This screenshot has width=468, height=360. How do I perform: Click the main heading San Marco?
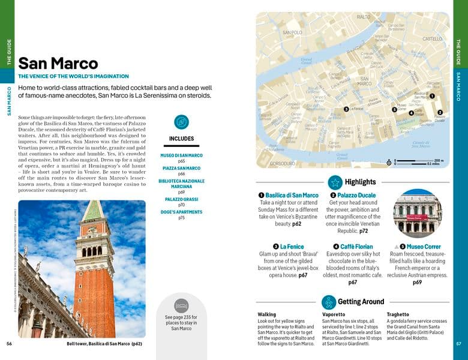point(58,64)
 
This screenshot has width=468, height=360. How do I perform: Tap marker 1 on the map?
point(432,96)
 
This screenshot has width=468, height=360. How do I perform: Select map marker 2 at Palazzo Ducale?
point(440,112)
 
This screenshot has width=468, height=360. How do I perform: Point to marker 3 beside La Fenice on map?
point(346,109)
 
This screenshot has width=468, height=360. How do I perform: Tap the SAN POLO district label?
point(292,32)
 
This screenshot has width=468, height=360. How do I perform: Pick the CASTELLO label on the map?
point(432,38)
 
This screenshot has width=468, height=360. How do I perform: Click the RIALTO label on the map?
point(364,17)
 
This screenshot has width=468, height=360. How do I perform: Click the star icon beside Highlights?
point(335,182)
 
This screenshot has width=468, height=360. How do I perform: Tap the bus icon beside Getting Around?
point(328,302)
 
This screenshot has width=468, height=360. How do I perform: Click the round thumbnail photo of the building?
point(417,213)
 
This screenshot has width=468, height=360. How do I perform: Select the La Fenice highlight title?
point(292,247)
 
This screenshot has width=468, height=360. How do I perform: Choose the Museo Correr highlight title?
point(424,247)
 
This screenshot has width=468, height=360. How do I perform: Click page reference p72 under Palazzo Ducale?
point(364,230)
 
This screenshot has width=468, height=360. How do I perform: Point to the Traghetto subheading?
point(398,314)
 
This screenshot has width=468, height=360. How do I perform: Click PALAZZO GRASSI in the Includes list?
point(181,199)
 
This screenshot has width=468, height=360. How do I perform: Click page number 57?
point(458,344)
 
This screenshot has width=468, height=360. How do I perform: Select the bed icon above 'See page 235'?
point(181,305)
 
